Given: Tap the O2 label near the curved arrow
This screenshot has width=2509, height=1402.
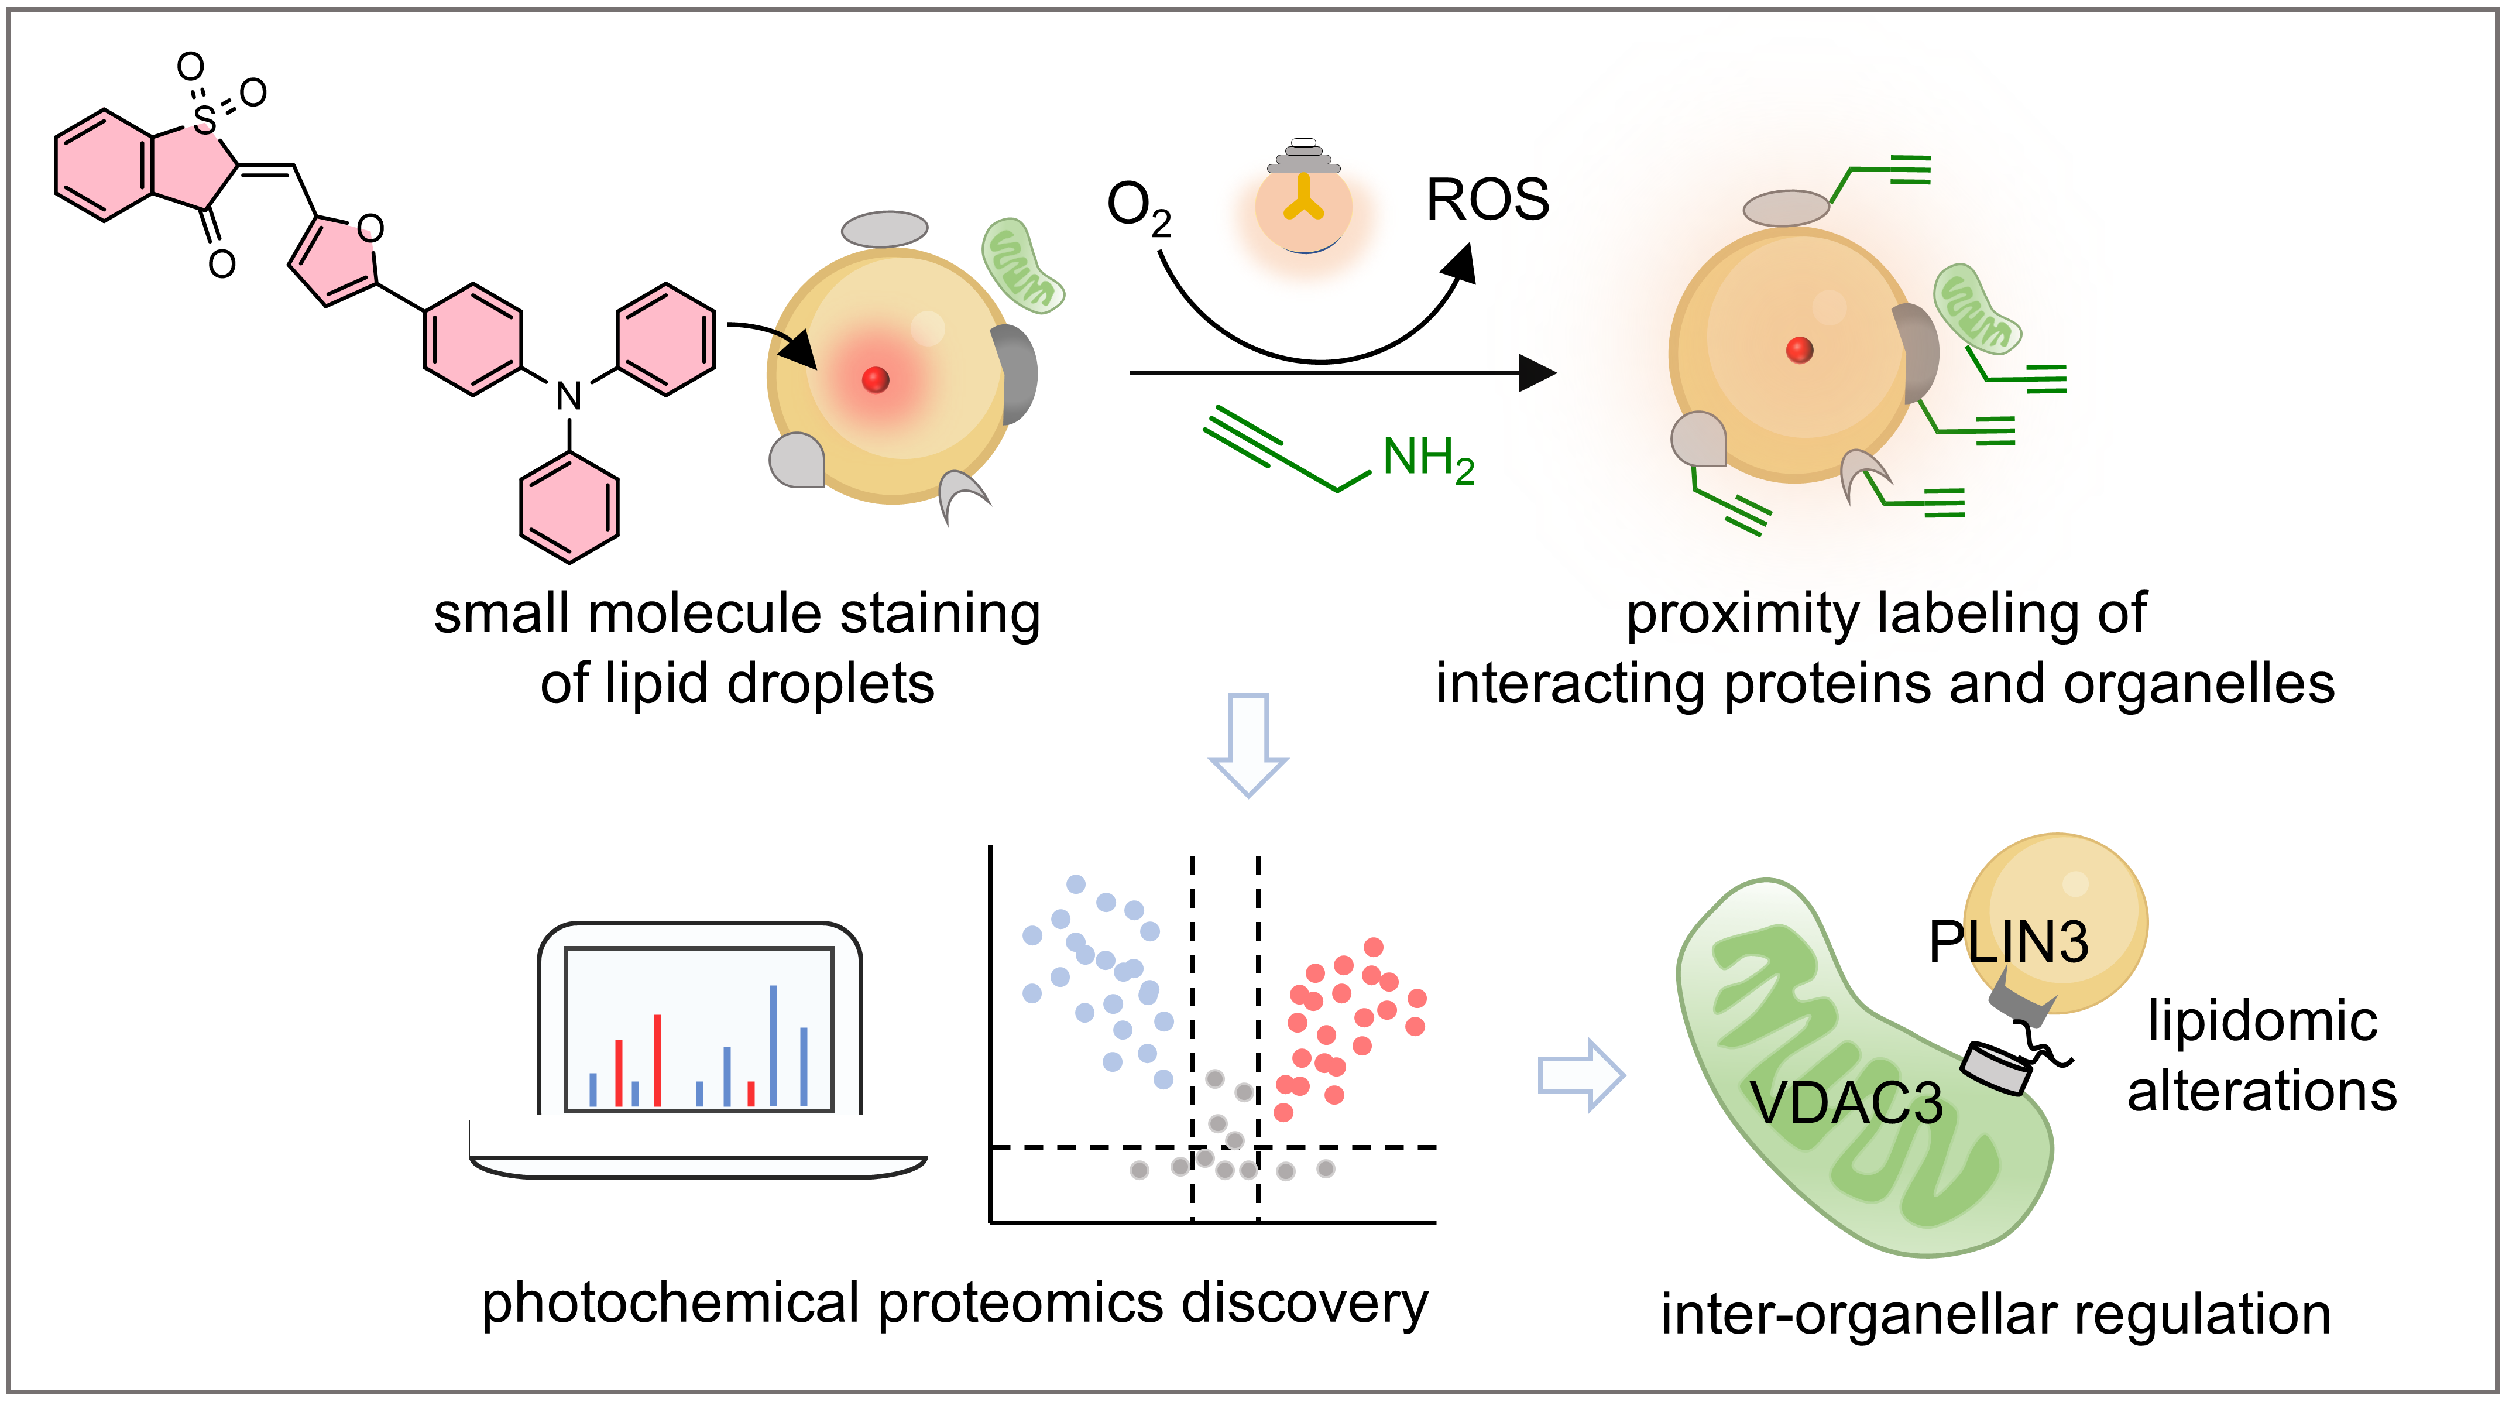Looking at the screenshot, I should click(x=1138, y=208).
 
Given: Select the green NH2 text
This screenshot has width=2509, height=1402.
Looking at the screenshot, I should click(x=1428, y=458).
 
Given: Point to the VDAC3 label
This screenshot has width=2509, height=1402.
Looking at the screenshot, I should click(x=1846, y=1104).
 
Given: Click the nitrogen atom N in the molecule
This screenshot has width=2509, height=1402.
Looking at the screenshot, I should click(x=569, y=396).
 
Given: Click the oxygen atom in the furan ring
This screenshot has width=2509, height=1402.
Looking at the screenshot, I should click(x=370, y=229).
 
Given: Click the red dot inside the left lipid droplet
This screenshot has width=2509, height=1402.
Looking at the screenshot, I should click(x=876, y=379).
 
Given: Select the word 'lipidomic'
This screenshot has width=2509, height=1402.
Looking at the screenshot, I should click(x=2261, y=1021).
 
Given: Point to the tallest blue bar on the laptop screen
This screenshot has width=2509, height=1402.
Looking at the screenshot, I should click(x=773, y=1045).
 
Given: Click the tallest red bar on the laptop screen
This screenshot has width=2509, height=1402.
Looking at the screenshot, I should click(x=657, y=1060).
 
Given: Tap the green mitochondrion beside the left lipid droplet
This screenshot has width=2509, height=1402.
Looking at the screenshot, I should click(x=1021, y=265).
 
